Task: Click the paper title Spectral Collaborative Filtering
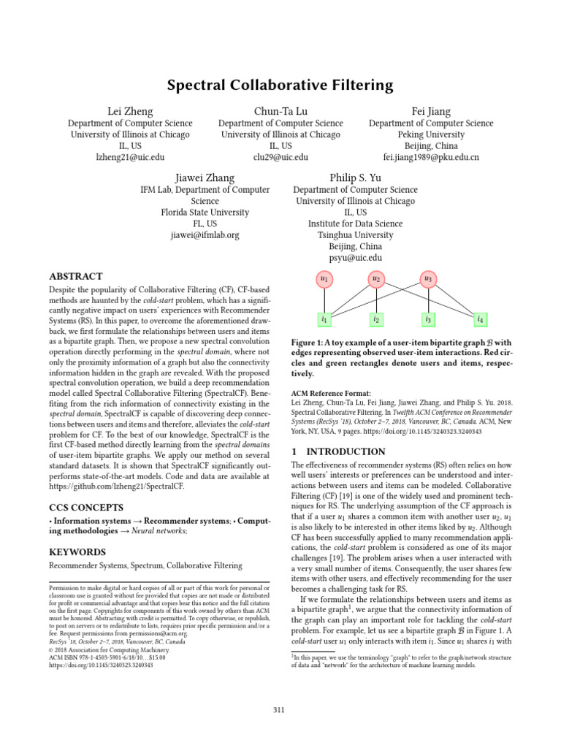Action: point(280,85)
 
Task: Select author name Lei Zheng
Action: point(130,111)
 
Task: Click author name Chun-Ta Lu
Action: point(280,111)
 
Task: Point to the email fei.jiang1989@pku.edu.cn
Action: point(431,157)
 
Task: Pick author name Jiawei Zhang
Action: point(205,178)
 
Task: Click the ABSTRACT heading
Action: point(75,277)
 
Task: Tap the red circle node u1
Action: point(324,279)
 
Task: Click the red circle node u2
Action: point(375,279)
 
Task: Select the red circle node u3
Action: point(427,279)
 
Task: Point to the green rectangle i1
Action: point(324,319)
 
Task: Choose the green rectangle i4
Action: point(479,319)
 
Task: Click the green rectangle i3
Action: point(427,319)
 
